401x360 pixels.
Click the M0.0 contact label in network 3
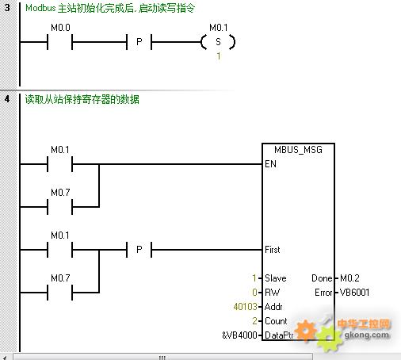point(60,28)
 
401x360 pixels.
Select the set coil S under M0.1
point(218,42)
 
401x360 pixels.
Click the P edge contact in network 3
point(139,42)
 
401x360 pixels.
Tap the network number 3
point(7,8)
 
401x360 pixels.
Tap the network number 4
point(7,99)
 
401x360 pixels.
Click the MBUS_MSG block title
point(298,150)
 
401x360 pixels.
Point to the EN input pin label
point(270,164)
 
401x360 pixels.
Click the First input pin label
point(273,250)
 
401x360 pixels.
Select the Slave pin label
point(276,278)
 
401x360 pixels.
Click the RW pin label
point(272,293)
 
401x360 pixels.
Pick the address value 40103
point(245,307)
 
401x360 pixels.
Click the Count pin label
point(276,321)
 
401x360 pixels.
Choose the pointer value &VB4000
point(239,335)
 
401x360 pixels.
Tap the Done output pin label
point(322,278)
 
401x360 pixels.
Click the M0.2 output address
point(349,278)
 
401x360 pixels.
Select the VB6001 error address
point(354,293)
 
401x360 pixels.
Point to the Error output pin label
point(323,293)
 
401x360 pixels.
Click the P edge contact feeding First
point(139,250)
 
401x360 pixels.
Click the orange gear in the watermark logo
point(306,331)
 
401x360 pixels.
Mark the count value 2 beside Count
point(254,321)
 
